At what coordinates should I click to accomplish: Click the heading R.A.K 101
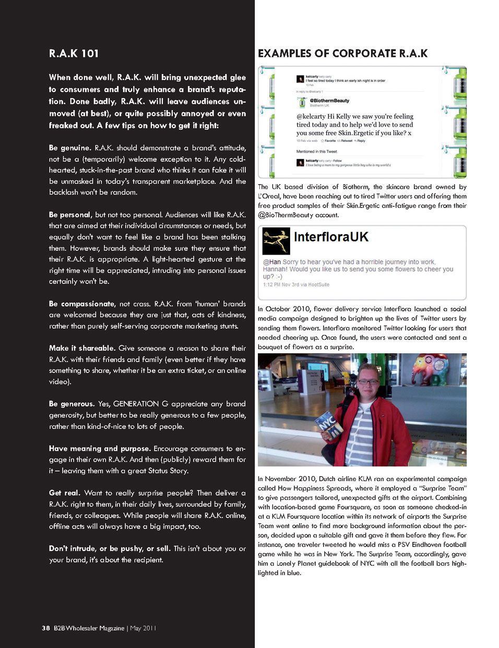(74, 53)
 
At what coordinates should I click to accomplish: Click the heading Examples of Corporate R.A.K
(342, 53)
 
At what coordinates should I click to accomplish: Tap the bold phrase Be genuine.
(70, 148)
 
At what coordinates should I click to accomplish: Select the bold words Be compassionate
(82, 304)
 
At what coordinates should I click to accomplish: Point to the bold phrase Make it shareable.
(82, 348)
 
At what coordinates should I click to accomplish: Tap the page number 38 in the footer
(46, 628)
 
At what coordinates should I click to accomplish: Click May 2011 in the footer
(143, 628)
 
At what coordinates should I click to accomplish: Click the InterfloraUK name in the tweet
(331, 237)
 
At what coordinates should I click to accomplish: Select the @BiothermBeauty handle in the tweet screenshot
(329, 101)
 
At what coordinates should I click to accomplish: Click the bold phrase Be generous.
(72, 404)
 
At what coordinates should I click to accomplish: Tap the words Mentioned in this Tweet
(317, 151)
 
